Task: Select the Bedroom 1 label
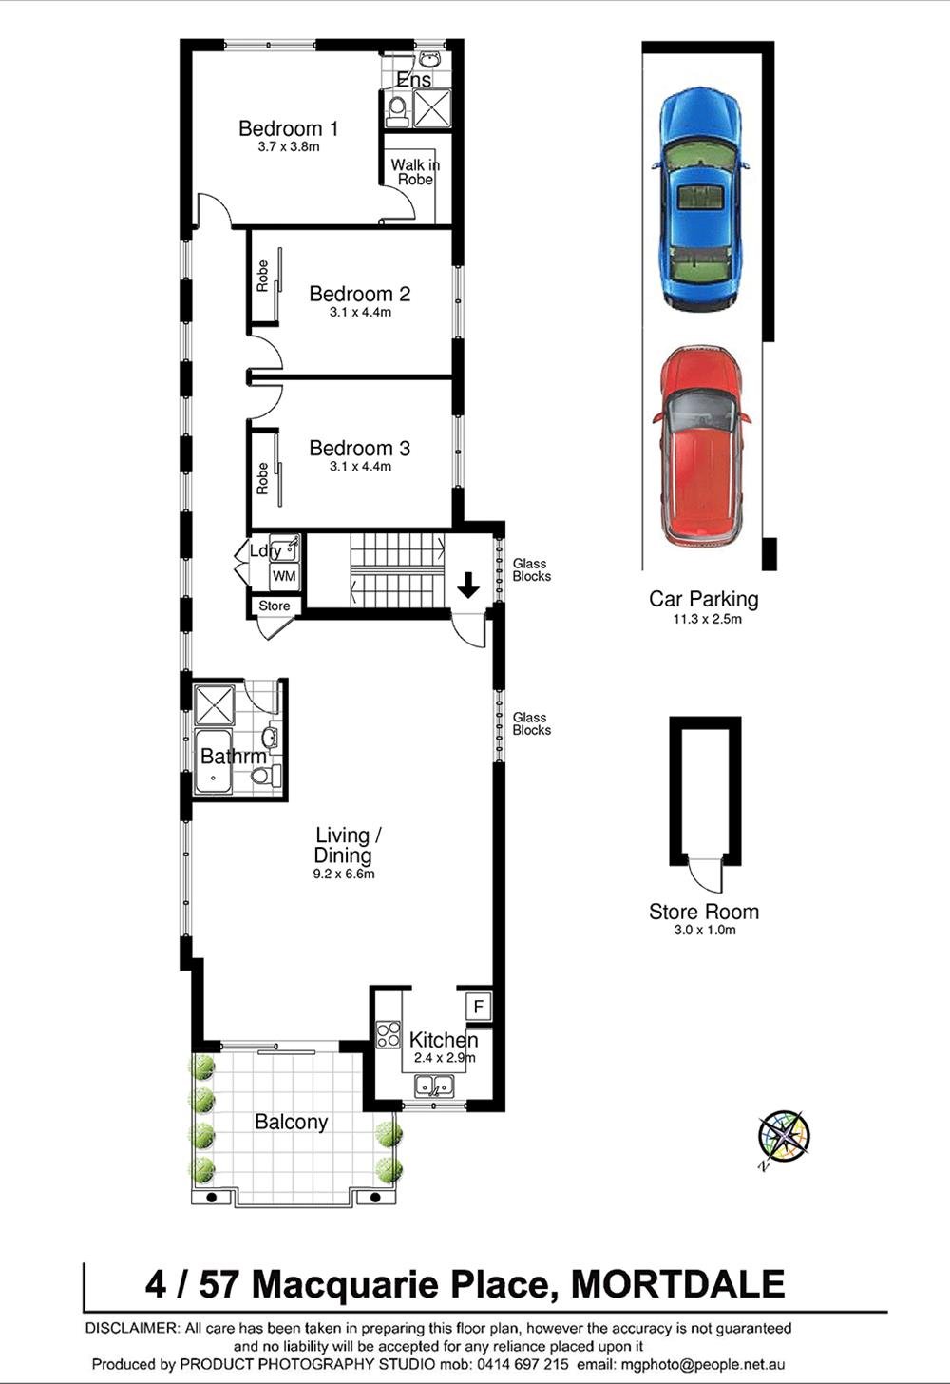(x=288, y=128)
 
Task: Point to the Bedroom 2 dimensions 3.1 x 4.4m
(x=360, y=312)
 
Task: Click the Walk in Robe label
(x=415, y=172)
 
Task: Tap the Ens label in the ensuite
(x=414, y=80)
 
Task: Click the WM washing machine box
(x=284, y=576)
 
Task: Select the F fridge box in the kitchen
(x=478, y=1006)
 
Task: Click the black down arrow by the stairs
(x=468, y=586)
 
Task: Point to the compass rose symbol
(x=784, y=1135)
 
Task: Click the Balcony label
(x=291, y=1122)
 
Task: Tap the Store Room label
(x=704, y=912)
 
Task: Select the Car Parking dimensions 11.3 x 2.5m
(x=703, y=619)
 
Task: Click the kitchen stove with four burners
(x=388, y=1034)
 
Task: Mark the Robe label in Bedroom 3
(x=262, y=478)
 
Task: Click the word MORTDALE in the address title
(x=677, y=1284)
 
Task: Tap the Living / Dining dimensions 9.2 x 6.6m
(x=344, y=874)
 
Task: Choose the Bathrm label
(x=233, y=757)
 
